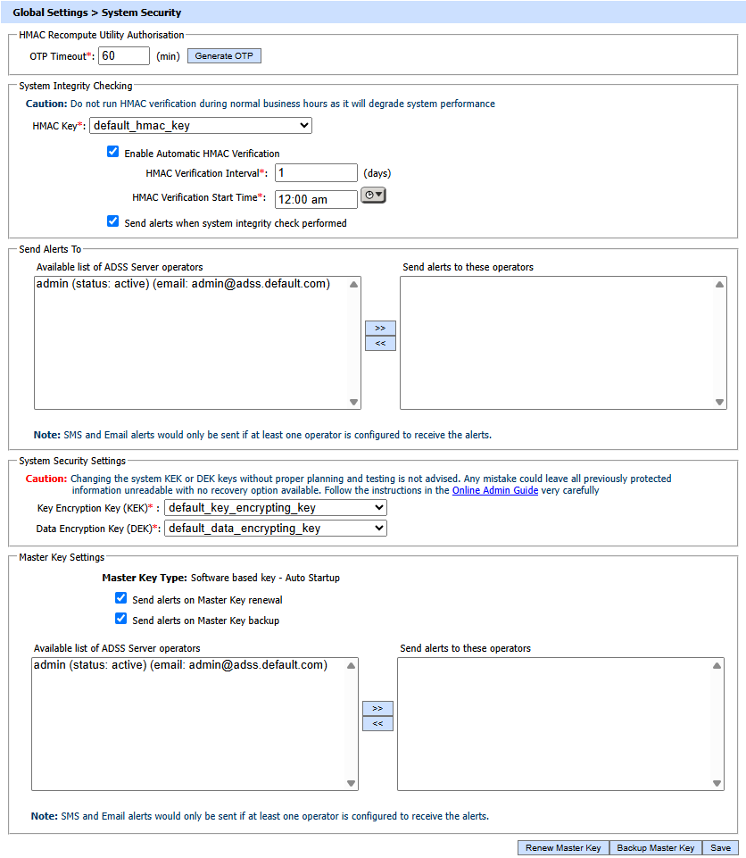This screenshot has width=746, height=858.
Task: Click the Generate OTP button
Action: [x=224, y=56]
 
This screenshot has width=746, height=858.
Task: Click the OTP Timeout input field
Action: [x=124, y=55]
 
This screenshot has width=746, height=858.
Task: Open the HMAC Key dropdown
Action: [x=201, y=126]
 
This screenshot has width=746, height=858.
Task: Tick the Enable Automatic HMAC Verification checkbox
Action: [x=112, y=152]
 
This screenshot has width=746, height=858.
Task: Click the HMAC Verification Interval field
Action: [x=316, y=173]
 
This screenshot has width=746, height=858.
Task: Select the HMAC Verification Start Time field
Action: [x=316, y=199]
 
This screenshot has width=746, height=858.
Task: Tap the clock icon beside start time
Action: [x=373, y=196]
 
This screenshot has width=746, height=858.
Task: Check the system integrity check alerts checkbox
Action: [x=112, y=221]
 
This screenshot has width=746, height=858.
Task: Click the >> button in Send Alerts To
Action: [x=380, y=328]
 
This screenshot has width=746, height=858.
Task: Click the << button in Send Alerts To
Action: [x=380, y=344]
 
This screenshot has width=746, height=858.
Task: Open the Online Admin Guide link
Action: [x=495, y=490]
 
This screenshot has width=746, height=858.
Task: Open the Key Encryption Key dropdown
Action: [x=276, y=508]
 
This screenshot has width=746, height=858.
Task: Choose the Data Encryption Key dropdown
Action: [x=276, y=529]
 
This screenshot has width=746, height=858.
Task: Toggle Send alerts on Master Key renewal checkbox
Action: [x=121, y=598]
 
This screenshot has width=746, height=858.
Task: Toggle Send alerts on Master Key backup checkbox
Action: [x=121, y=619]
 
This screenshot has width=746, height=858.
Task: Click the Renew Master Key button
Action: [x=563, y=848]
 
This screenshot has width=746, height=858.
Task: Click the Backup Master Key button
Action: [x=656, y=848]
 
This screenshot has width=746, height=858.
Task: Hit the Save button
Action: [x=720, y=848]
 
